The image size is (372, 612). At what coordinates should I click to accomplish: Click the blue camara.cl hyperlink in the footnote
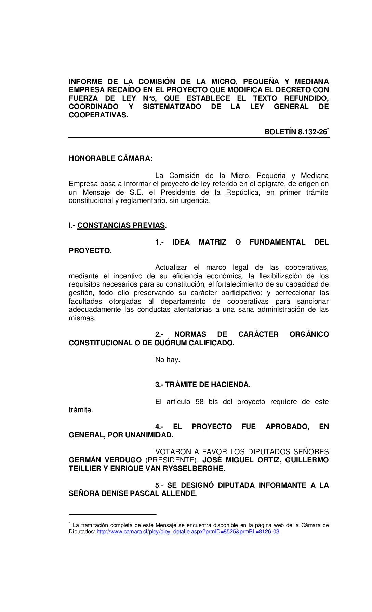[x=188, y=532]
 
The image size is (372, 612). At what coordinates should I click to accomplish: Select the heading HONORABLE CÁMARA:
[x=110, y=158]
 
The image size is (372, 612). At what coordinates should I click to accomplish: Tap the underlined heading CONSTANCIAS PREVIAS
[x=121, y=225]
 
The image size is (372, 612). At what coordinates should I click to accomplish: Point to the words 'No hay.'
[x=167, y=360]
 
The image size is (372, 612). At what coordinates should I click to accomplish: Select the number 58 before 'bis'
[x=199, y=402]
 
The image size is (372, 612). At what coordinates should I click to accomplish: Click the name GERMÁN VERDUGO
[x=105, y=460]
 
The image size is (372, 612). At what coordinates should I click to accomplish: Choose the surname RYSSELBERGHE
[x=194, y=469]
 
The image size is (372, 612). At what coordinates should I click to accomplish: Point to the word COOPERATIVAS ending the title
[x=98, y=115]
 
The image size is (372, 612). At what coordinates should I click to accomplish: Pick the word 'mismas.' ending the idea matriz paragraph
[x=82, y=318]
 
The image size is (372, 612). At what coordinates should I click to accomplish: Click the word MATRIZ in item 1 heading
[x=212, y=242]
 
